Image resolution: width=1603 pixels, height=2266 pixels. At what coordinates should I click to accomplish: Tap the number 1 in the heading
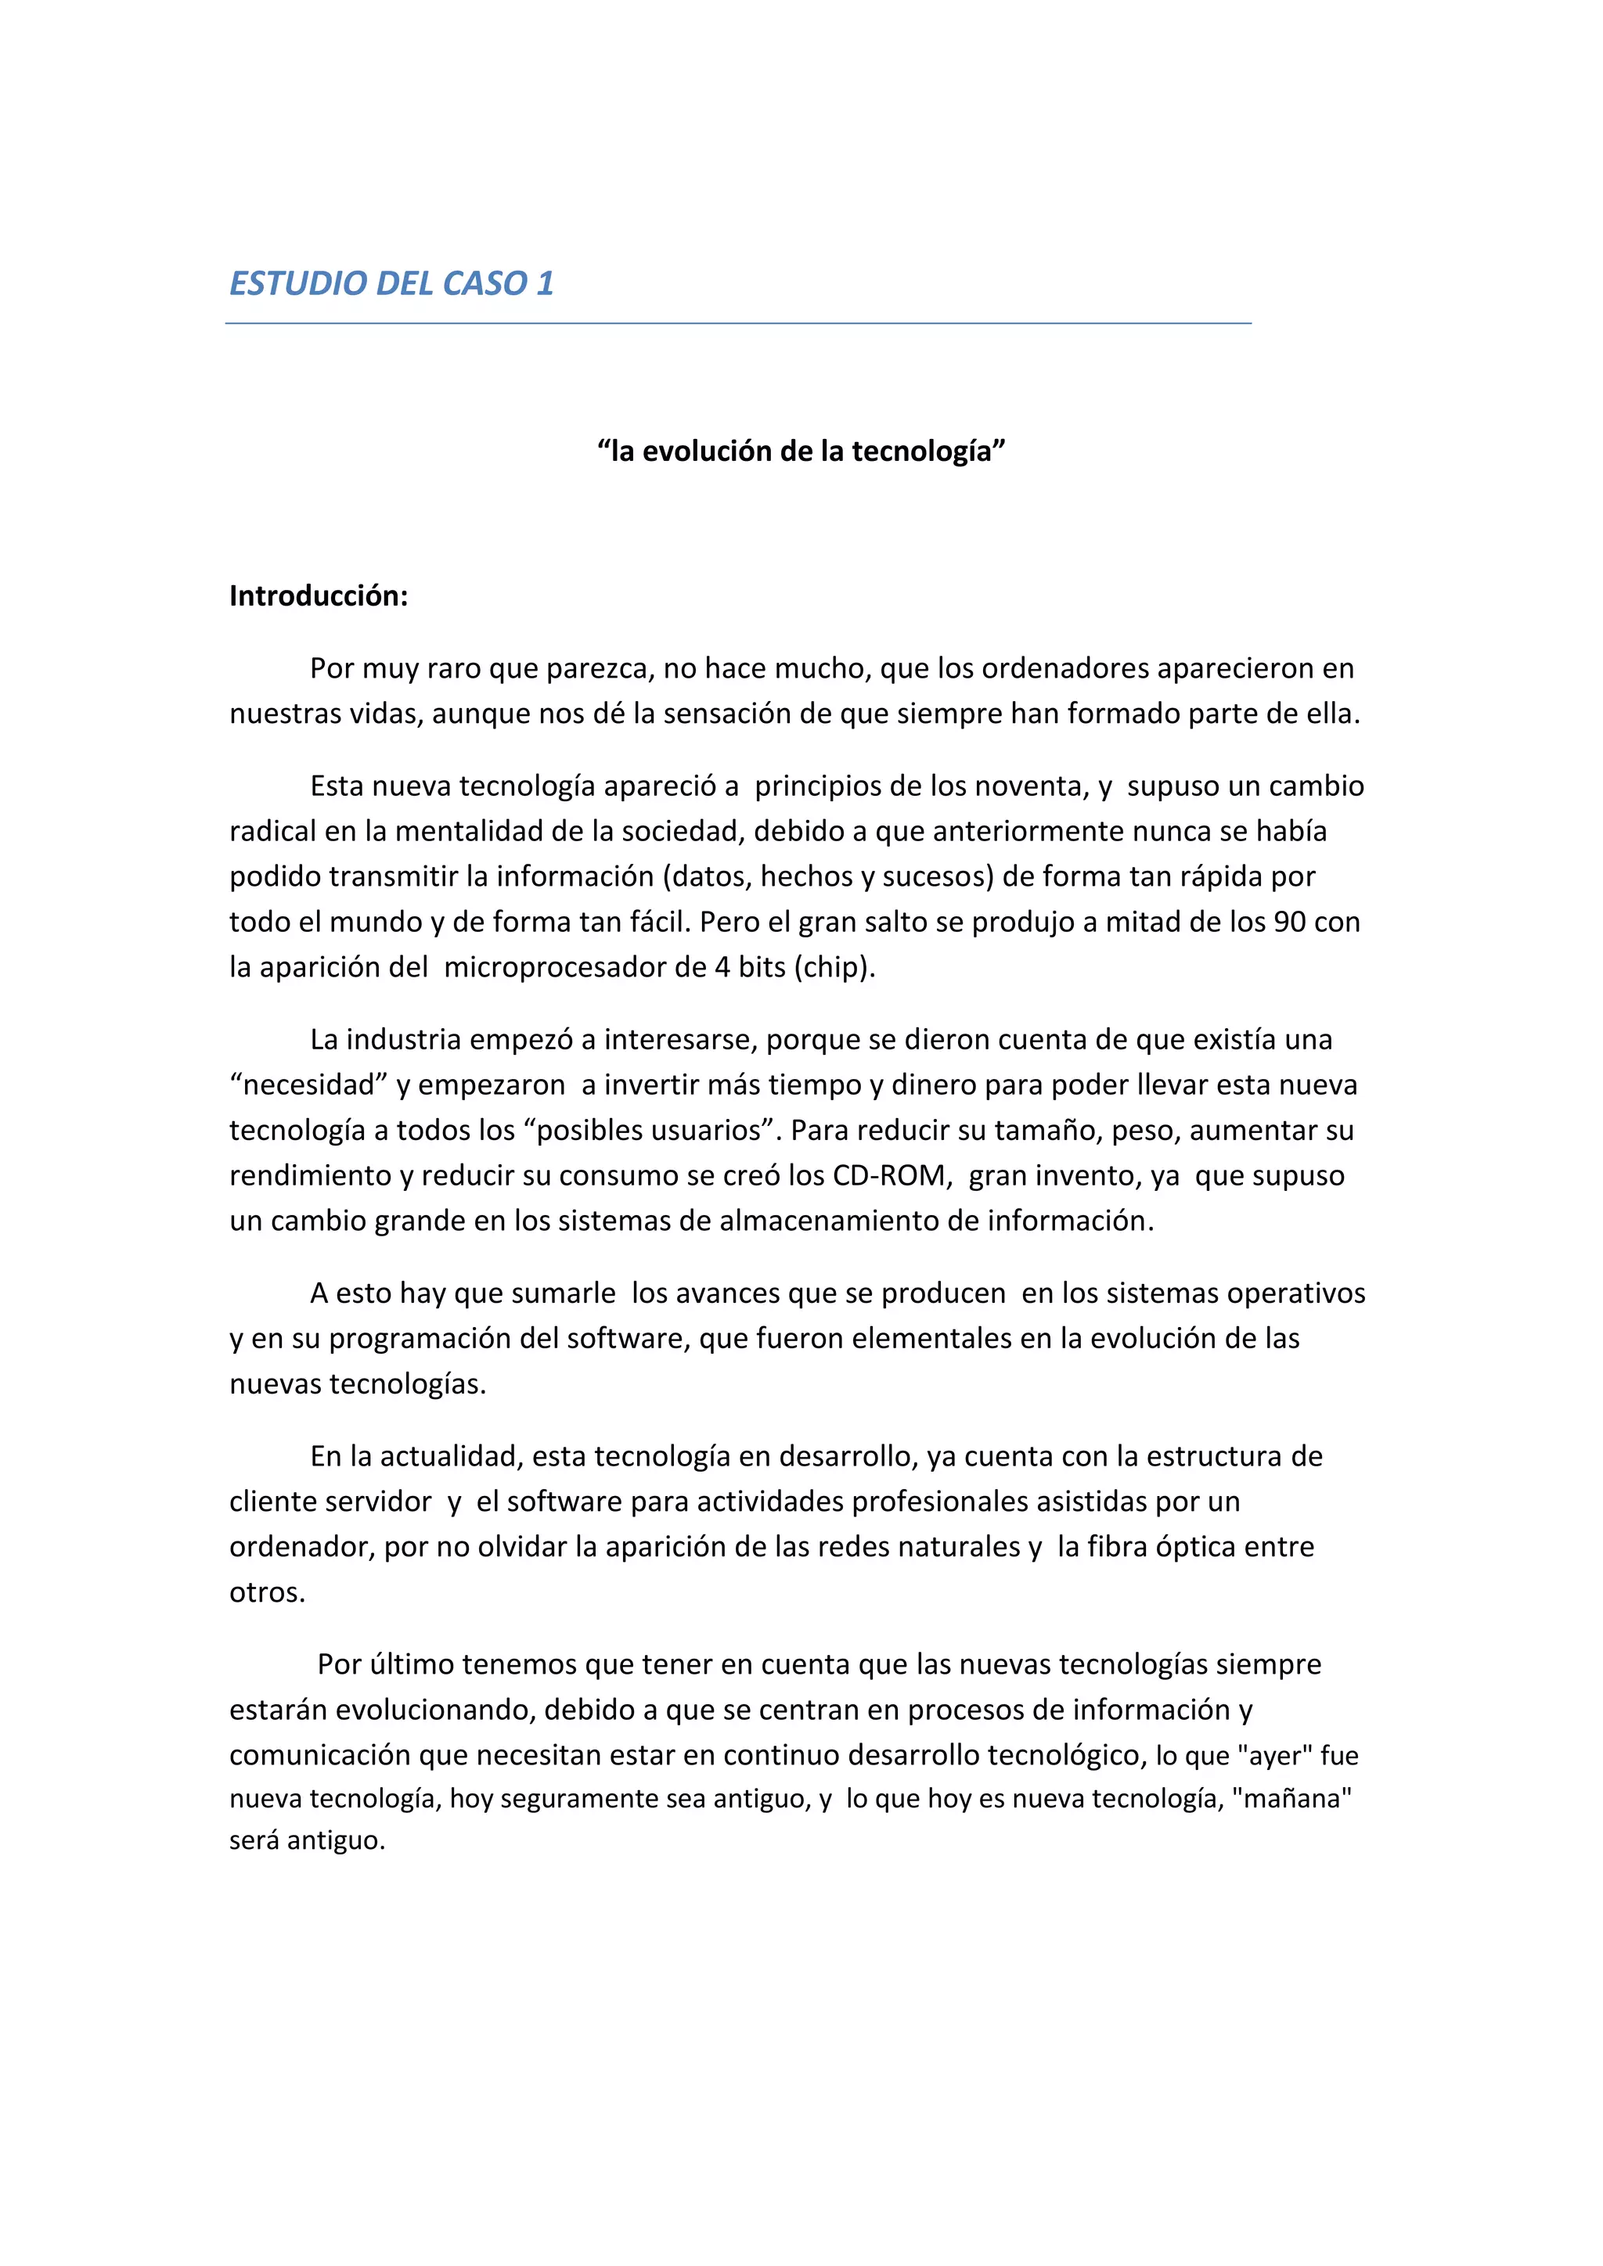coord(545,284)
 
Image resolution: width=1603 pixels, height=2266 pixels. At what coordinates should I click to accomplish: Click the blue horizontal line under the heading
coord(738,322)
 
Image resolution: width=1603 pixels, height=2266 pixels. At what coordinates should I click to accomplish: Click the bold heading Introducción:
coord(318,596)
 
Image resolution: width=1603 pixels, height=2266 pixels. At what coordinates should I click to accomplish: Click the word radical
coord(273,832)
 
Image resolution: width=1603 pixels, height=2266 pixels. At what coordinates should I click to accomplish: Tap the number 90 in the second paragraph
coord(1290,923)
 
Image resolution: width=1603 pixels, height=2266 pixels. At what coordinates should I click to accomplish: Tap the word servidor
coord(380,1502)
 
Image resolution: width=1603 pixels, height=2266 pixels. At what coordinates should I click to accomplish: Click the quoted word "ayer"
coord(1274,1757)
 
